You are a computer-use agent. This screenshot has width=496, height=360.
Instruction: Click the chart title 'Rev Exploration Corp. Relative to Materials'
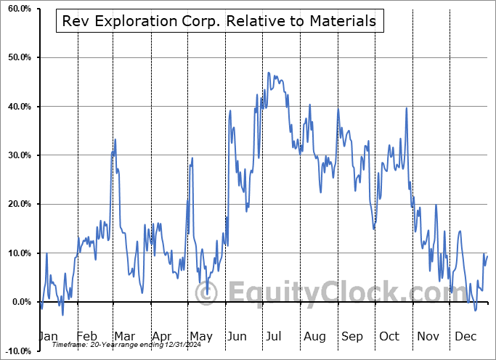[x=220, y=22]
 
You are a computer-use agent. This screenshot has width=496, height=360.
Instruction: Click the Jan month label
[x=47, y=337]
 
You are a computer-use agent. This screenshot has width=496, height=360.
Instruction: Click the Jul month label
[x=274, y=337]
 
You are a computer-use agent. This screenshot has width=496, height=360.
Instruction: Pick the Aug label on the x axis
[x=314, y=337]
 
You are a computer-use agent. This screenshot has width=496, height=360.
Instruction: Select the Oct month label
[x=389, y=337]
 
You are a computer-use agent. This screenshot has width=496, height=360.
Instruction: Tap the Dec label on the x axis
[x=464, y=337]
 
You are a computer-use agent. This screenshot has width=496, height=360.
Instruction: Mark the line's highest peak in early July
[x=269, y=73]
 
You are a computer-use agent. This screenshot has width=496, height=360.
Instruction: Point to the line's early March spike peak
[x=115, y=139]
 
